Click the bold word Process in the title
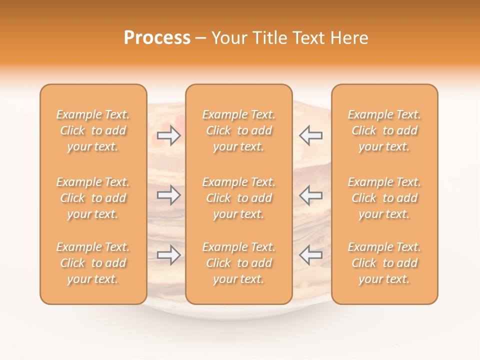(x=157, y=38)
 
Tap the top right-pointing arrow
(x=169, y=135)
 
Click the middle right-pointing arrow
(x=169, y=194)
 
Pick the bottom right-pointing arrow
(x=169, y=255)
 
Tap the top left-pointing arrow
(x=310, y=135)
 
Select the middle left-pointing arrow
(x=310, y=194)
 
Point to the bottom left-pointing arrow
(x=310, y=255)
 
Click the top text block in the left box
(x=93, y=130)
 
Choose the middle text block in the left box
(x=93, y=198)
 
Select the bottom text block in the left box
(x=93, y=263)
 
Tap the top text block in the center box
(x=238, y=130)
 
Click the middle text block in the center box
(x=238, y=198)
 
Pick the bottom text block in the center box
(x=238, y=263)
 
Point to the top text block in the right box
(x=384, y=130)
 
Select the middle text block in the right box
(x=384, y=198)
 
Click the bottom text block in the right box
(x=384, y=263)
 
